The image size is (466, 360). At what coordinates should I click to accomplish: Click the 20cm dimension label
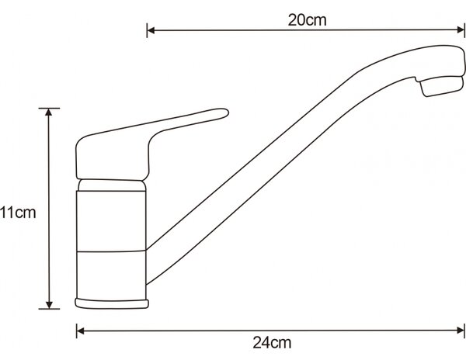307,20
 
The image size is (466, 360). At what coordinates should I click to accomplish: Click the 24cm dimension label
272,343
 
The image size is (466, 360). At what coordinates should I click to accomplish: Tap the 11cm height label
18,213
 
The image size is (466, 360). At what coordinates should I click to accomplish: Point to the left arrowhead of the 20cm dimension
151,30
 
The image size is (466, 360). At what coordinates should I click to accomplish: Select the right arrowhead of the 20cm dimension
461,30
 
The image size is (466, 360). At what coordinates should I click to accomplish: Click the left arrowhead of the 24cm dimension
81,331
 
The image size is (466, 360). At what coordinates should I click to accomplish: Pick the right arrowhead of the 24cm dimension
461,331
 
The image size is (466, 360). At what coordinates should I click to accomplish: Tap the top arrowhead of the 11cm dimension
49,112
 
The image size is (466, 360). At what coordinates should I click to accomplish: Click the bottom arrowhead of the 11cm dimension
49,305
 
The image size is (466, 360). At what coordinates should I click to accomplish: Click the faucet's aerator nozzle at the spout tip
442,86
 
